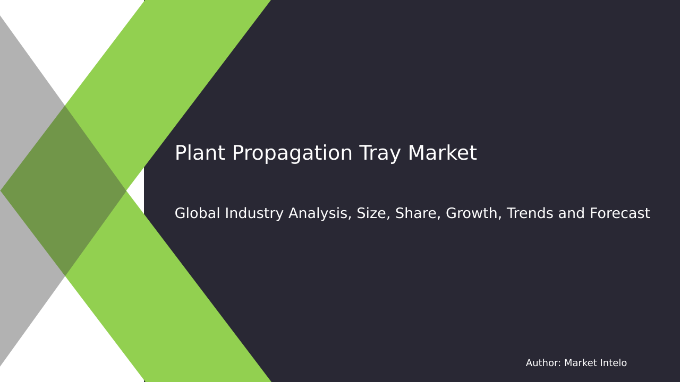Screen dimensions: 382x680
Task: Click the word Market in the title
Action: coord(442,154)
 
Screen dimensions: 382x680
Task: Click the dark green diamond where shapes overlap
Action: coord(64,191)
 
